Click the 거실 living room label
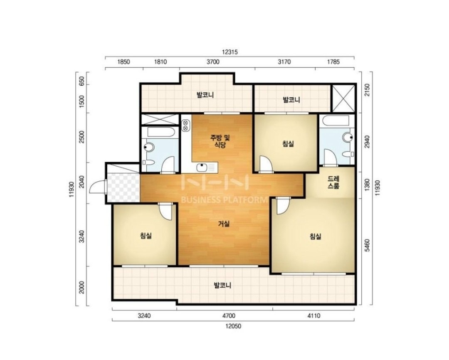tap(224, 224)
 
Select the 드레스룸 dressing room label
tap(333, 182)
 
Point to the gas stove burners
tap(185, 126)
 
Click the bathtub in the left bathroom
tap(160, 132)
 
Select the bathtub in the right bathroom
tap(336, 121)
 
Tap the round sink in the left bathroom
tap(149, 147)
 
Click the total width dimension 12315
tap(229, 52)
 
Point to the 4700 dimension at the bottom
tap(229, 316)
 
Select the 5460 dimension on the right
tap(367, 245)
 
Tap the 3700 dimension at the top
tap(213, 62)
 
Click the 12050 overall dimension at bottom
tap(233, 326)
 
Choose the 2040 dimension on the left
tap(82, 182)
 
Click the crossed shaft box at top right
tap(343, 98)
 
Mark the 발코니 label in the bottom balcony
tap(222, 285)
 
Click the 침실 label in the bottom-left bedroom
tap(146, 236)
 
